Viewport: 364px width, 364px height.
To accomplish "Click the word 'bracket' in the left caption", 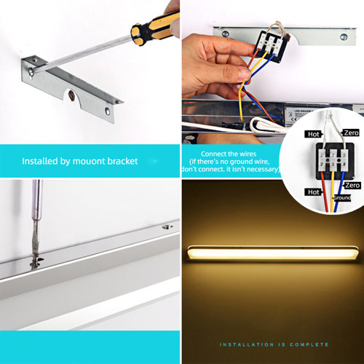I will [x=119, y=161].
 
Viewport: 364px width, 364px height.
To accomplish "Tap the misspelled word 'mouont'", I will [x=86, y=161].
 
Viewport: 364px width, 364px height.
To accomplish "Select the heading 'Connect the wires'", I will [x=229, y=153].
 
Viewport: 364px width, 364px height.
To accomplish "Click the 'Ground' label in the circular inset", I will [x=342, y=197].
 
